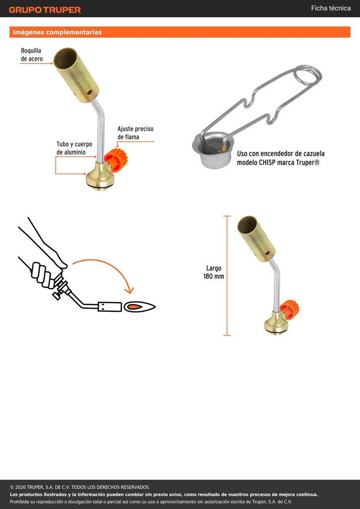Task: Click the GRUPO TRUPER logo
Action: (x=45, y=10)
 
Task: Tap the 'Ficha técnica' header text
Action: (x=331, y=8)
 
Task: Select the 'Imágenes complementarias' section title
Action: (x=57, y=32)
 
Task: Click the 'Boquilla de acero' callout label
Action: (x=31, y=55)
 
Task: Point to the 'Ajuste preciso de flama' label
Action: (x=135, y=133)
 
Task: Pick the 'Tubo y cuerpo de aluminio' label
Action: (x=75, y=148)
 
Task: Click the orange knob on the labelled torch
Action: (x=116, y=159)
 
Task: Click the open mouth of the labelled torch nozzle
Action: (x=65, y=58)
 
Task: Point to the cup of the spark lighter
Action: (x=213, y=150)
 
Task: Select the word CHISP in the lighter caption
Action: (x=267, y=163)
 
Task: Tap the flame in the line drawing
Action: (x=140, y=306)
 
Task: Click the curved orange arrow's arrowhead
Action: (x=130, y=290)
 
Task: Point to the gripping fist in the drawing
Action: (x=43, y=275)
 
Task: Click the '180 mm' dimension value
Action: (x=214, y=276)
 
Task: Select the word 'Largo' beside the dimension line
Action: (x=214, y=268)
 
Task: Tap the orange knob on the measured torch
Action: (x=289, y=309)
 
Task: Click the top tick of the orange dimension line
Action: (x=227, y=216)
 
